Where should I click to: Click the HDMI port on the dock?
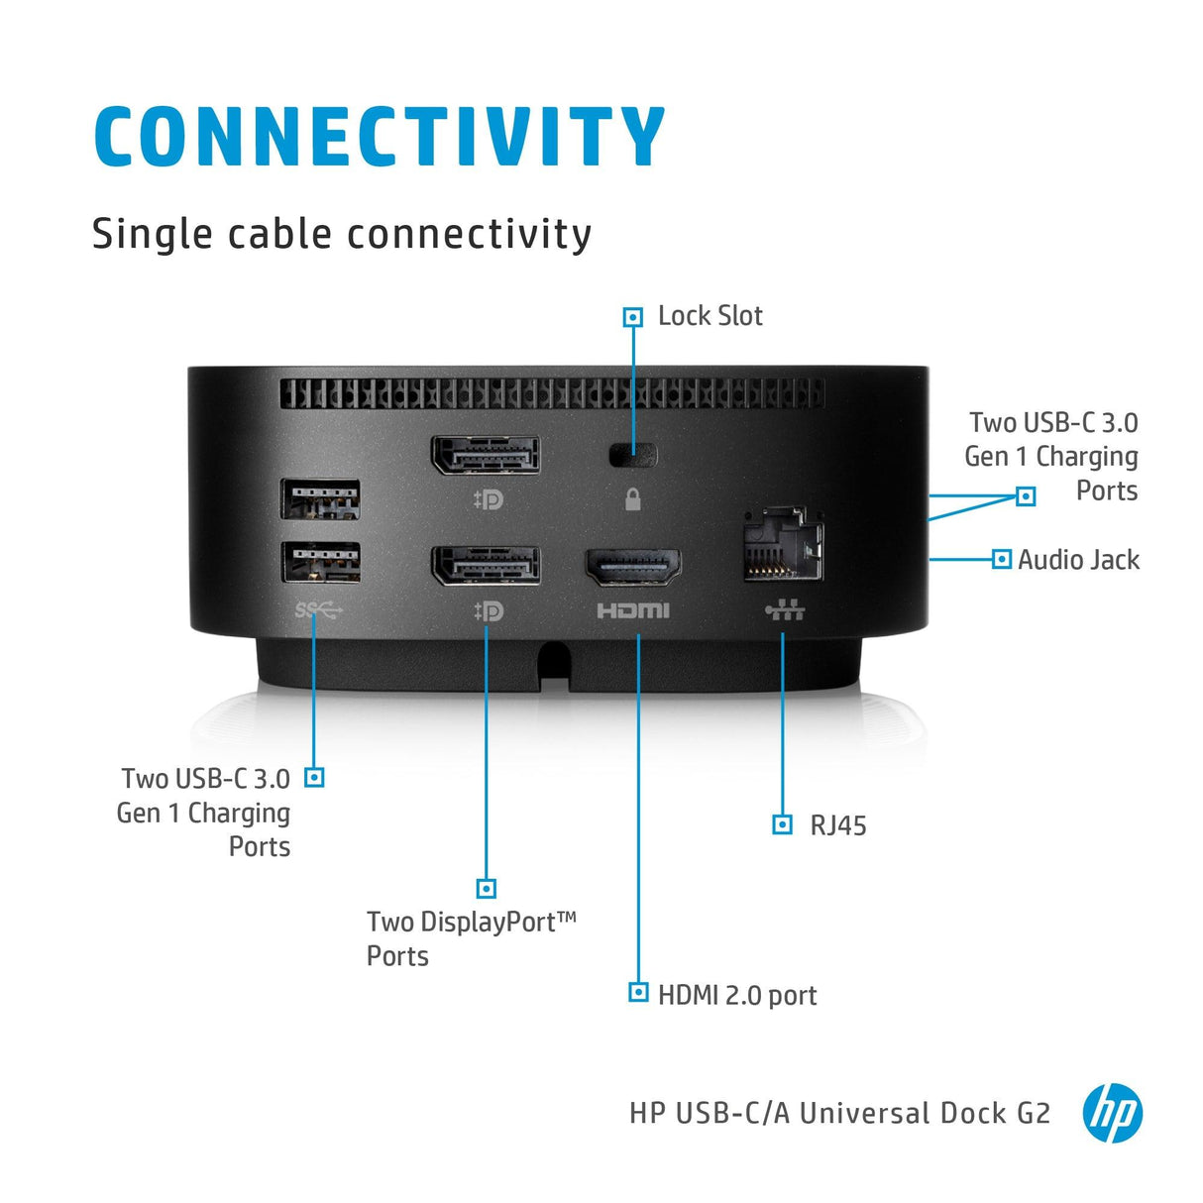[633, 569]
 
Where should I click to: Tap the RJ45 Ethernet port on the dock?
[783, 546]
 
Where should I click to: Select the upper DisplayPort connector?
[486, 456]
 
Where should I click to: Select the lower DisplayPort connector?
[486, 566]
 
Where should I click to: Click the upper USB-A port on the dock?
[320, 498]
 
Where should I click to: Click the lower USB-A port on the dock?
[320, 562]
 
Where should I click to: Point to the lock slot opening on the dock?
[633, 455]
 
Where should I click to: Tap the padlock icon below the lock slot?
[633, 499]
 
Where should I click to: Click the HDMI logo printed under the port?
[633, 610]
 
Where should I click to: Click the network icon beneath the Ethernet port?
[785, 609]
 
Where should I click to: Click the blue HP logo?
[1112, 1113]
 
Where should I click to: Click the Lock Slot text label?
[710, 316]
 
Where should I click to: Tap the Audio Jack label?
[1078, 560]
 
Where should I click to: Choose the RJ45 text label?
[837, 825]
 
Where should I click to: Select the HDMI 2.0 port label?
[737, 995]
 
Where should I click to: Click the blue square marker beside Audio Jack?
[1002, 559]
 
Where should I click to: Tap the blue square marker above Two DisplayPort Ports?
[486, 888]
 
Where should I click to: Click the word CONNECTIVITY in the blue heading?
[379, 137]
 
